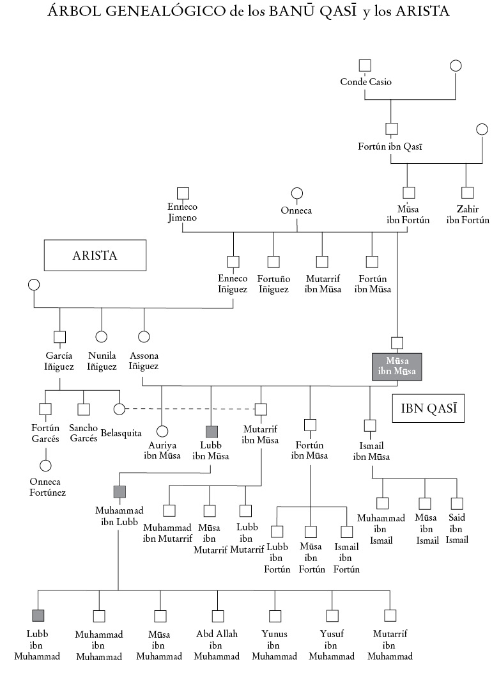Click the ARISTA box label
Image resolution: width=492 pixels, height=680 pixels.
95,257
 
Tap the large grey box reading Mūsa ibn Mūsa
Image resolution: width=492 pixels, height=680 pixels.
397,365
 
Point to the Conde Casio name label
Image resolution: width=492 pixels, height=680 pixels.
366,81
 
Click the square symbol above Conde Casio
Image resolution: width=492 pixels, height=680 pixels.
365,65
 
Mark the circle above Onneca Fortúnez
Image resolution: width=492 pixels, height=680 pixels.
45,466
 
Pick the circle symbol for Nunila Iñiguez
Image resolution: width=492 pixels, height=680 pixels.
101,336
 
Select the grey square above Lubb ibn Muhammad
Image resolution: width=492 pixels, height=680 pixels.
38,615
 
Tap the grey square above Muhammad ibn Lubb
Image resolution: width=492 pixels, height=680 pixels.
119,491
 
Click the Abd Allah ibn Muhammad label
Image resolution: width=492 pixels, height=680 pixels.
217,645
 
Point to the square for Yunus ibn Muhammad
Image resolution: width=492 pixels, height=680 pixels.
275,616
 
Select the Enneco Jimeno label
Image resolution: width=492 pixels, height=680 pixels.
183,212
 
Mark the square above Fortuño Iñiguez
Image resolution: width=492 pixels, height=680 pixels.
273,261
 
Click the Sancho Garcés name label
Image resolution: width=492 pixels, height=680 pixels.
83,432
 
